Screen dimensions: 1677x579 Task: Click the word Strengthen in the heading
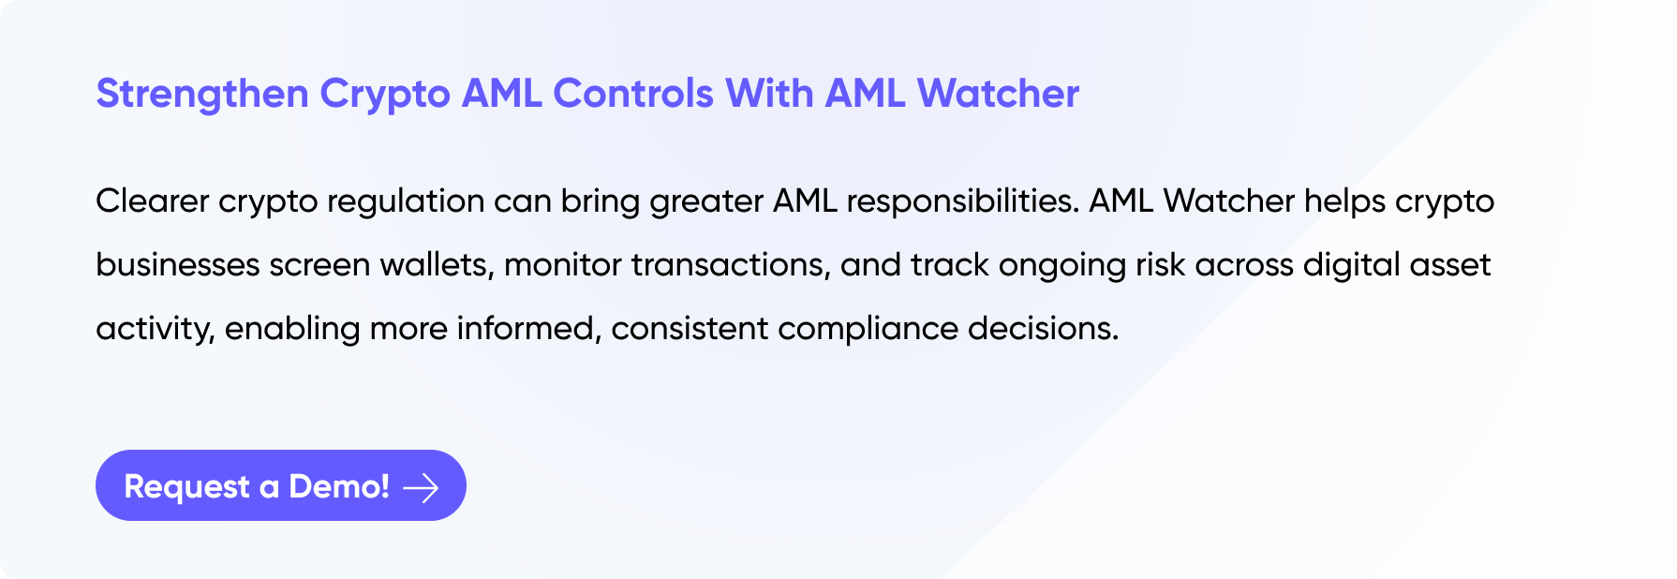pos(202,95)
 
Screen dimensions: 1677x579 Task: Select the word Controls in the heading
pos(633,94)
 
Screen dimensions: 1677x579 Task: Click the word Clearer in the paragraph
pos(153,200)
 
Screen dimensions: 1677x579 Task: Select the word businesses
pos(178,265)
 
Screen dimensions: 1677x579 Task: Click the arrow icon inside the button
pos(421,487)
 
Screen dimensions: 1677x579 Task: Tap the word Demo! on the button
pos(339,486)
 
